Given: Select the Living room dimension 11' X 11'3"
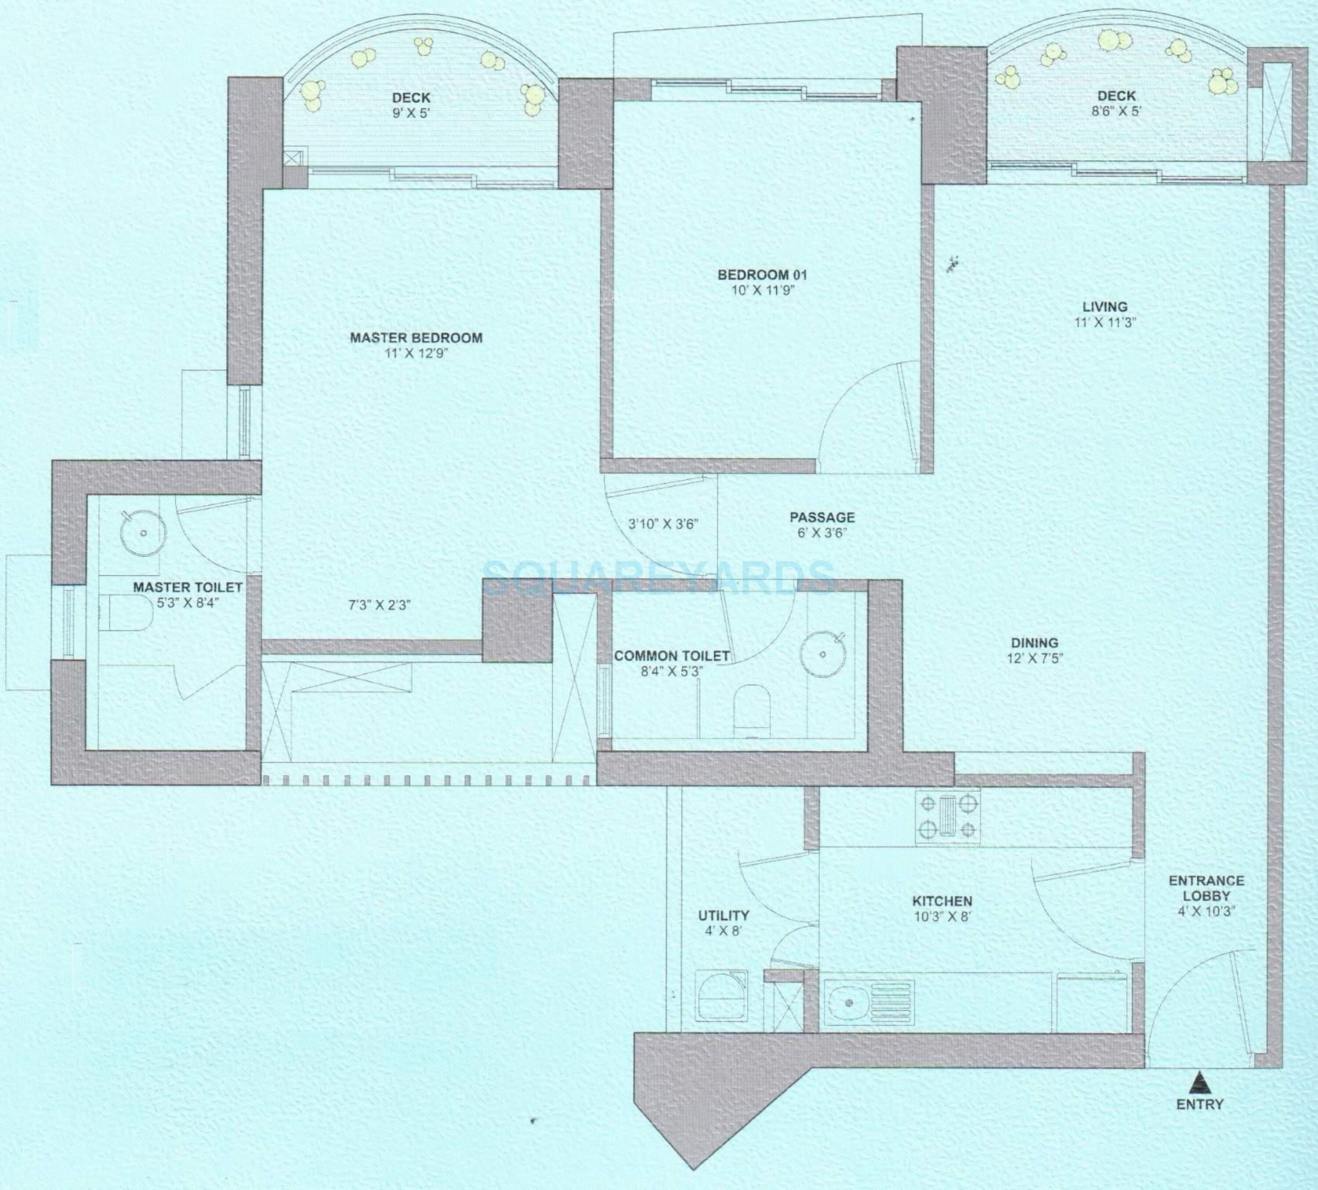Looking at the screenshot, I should pyautogui.click(x=1105, y=322).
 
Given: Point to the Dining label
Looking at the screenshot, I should pyautogui.click(x=1034, y=643).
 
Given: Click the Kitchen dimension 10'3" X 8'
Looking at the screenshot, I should pyautogui.click(x=942, y=917).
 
